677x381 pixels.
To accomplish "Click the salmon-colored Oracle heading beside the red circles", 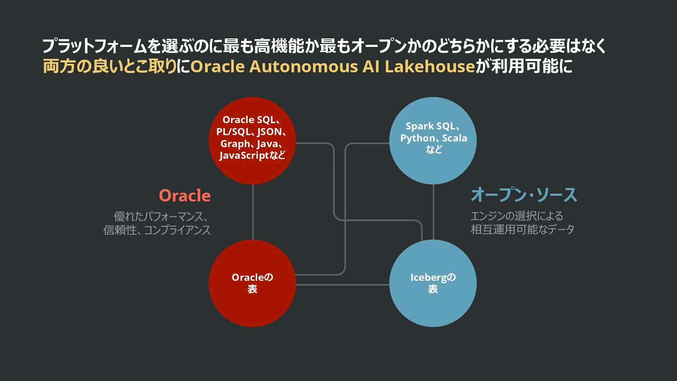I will point(185,195).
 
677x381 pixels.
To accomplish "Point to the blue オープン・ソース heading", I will point(524,195).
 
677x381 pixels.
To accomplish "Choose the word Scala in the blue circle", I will point(455,138).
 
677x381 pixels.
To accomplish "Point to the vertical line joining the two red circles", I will point(253,212).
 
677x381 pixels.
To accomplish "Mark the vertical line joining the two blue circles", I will point(433,212).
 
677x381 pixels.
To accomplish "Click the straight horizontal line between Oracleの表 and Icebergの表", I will point(342,285).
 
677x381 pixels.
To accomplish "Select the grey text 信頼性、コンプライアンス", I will point(157,230).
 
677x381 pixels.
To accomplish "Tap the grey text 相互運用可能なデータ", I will point(523,229).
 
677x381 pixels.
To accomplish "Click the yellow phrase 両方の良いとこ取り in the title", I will point(109,66).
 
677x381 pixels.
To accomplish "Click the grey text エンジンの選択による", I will point(517,216).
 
